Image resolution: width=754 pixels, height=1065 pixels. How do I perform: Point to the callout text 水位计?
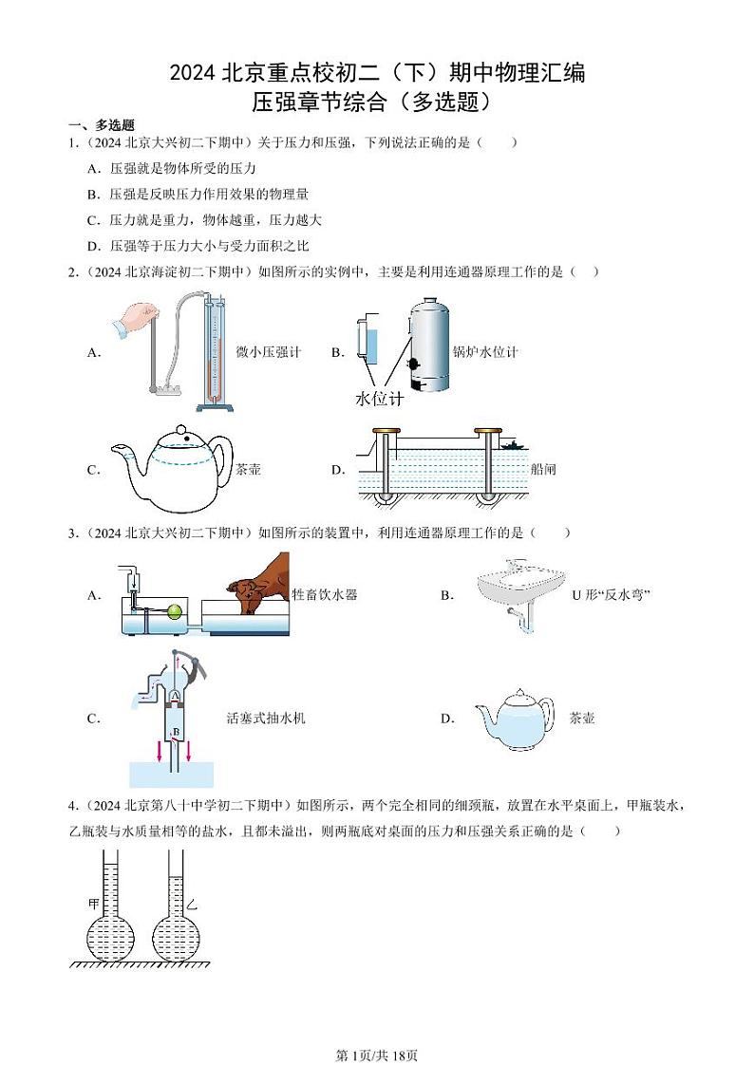click(x=379, y=399)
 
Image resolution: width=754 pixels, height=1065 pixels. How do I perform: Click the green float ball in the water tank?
click(x=175, y=611)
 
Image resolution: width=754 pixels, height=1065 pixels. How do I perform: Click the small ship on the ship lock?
click(x=513, y=442)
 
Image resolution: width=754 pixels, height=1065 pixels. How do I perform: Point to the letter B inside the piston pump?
click(x=176, y=733)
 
